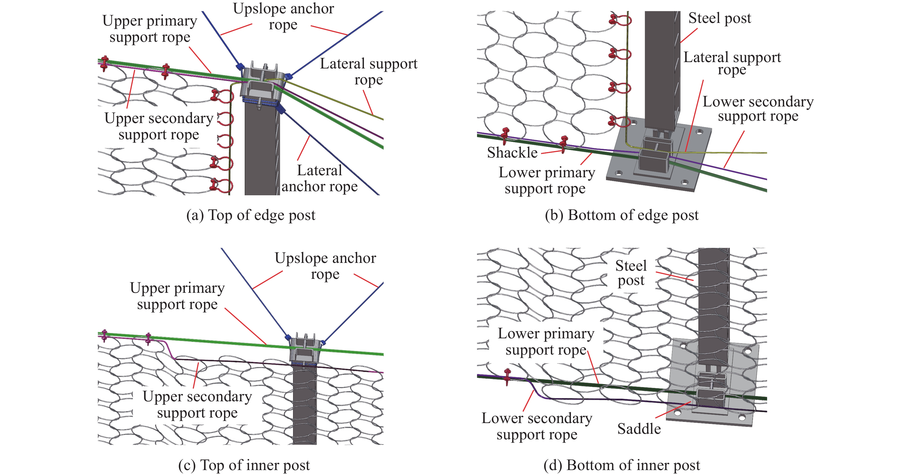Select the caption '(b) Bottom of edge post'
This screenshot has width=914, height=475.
(621, 215)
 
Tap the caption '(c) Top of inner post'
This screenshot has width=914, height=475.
(244, 465)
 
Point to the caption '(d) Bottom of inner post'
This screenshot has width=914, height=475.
(621, 465)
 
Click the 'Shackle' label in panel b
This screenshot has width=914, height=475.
(512, 153)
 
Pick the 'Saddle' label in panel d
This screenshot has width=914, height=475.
(639, 429)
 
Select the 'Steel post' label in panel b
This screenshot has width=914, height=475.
(719, 18)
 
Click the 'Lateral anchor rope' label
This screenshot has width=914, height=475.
(319, 178)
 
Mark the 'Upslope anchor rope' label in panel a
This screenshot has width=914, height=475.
(283, 16)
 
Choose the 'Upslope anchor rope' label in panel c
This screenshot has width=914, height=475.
(325, 266)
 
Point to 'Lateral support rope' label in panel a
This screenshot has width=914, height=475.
(369, 72)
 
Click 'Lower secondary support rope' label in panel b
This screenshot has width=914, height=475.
(758, 109)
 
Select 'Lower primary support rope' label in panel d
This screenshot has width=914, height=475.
(546, 342)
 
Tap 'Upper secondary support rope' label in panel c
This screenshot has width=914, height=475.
(197, 404)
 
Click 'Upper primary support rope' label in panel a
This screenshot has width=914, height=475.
(150, 29)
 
